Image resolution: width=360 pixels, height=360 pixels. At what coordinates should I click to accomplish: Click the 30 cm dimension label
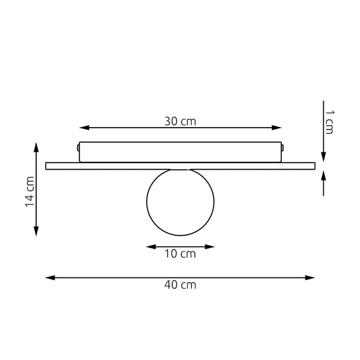click(180, 121)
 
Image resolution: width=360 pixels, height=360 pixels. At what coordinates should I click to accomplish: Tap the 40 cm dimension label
click(180, 285)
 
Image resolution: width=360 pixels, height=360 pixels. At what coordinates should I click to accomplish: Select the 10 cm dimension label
click(180, 254)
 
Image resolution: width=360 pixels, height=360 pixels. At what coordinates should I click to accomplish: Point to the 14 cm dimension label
click(30, 192)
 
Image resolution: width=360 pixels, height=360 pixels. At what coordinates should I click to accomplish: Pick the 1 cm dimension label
click(330, 122)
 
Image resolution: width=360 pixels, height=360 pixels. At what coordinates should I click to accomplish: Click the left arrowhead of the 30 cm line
click(84, 128)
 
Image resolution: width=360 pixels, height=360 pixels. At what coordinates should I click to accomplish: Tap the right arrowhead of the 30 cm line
click(277, 128)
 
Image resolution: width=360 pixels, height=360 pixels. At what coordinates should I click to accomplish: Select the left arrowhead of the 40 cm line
click(50, 278)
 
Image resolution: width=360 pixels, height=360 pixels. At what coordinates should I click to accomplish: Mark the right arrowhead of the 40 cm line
click(310, 278)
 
